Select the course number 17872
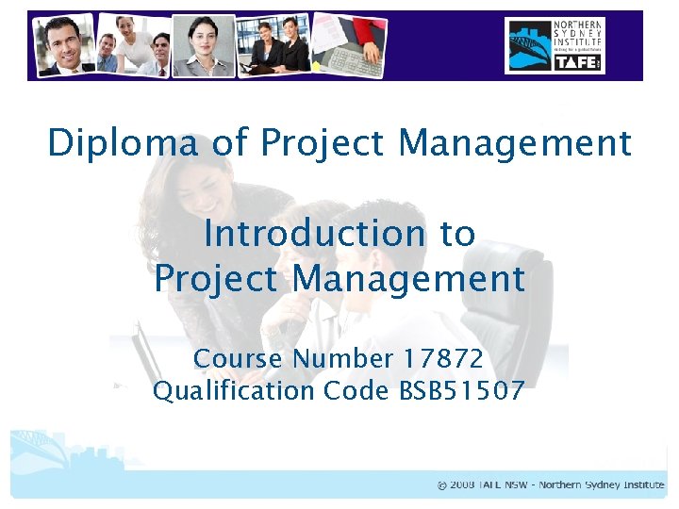(x=442, y=358)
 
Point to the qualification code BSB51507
(x=456, y=390)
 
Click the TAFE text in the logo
(x=576, y=60)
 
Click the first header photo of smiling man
(x=63, y=44)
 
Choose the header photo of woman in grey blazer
(x=202, y=45)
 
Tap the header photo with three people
(x=135, y=44)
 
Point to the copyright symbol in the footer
(x=442, y=484)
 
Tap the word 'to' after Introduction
(x=457, y=233)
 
